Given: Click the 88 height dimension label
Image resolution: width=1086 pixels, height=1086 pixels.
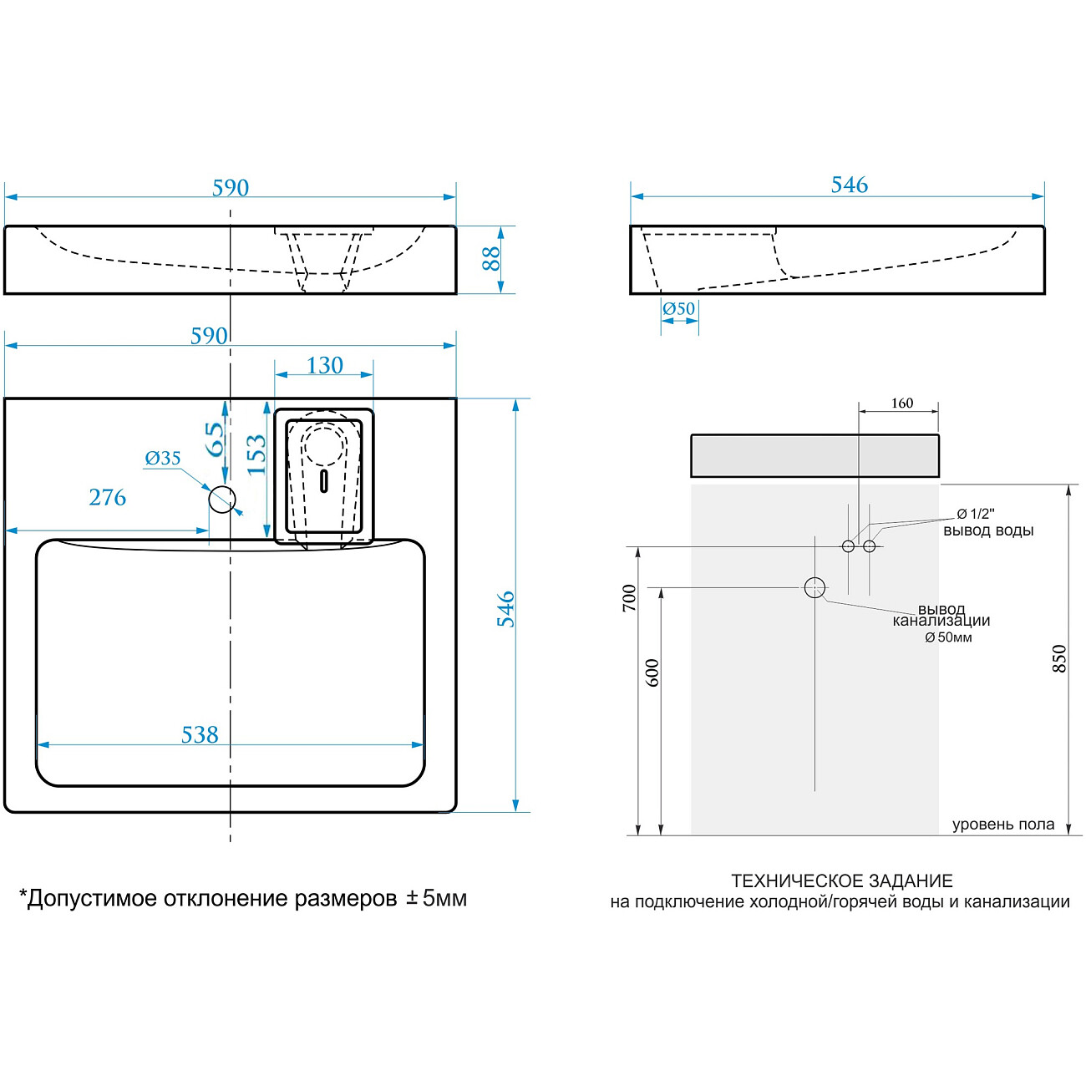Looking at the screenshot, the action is [x=491, y=259].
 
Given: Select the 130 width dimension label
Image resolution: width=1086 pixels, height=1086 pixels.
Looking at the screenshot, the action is [x=325, y=366].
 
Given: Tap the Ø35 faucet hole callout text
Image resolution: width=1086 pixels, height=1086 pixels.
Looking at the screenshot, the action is [x=162, y=458].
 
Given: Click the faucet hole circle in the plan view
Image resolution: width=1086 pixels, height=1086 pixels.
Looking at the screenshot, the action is [x=222, y=500].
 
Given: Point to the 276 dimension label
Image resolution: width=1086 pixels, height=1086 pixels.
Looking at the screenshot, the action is [x=107, y=498].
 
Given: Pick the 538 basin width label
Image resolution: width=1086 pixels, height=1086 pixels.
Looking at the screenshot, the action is [x=200, y=735].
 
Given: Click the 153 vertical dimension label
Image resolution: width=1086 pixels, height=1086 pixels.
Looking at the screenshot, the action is [x=256, y=454].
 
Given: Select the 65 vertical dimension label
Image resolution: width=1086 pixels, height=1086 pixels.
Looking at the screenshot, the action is [x=215, y=439].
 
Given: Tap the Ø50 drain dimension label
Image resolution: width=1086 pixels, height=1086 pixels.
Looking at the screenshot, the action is [x=678, y=309].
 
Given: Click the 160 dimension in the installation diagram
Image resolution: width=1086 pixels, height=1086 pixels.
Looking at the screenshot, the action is [x=901, y=403].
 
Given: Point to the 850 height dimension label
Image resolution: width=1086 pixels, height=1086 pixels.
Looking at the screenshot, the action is [x=1059, y=658].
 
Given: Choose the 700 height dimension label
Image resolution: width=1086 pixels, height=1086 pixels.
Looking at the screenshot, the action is [x=629, y=598].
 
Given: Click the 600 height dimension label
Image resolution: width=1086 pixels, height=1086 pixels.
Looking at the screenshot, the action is [x=652, y=672].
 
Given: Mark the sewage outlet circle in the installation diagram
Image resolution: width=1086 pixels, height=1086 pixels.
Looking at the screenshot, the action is [x=814, y=588].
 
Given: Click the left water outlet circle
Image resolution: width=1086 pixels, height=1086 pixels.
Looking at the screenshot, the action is [x=848, y=546].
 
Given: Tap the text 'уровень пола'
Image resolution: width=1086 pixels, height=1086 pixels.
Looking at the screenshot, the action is [x=1003, y=825].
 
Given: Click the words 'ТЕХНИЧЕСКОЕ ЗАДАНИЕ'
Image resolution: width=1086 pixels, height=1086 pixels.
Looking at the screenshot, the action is [x=842, y=880].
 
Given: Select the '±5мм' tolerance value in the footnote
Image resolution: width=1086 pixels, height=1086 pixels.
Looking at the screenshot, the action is [x=436, y=898].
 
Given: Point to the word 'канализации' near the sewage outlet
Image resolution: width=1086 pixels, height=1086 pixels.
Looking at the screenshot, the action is [x=941, y=621].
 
